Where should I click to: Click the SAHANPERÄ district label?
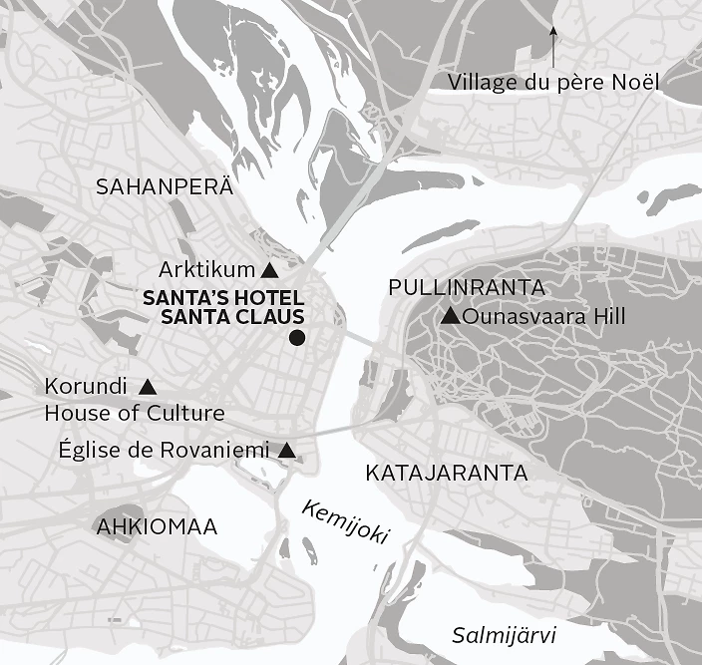(x=164, y=186)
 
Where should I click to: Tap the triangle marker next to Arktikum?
(x=268, y=270)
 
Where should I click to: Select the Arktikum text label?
(x=206, y=270)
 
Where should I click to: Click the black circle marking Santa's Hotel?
(x=296, y=339)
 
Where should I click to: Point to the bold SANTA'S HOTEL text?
(x=223, y=298)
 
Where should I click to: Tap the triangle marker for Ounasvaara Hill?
(x=450, y=317)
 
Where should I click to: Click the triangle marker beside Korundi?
(x=148, y=386)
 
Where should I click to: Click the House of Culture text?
(x=135, y=413)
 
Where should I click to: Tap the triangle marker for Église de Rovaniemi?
(x=287, y=451)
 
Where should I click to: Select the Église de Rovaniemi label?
(x=165, y=451)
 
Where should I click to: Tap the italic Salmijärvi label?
(x=504, y=635)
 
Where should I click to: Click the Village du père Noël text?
(x=554, y=82)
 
